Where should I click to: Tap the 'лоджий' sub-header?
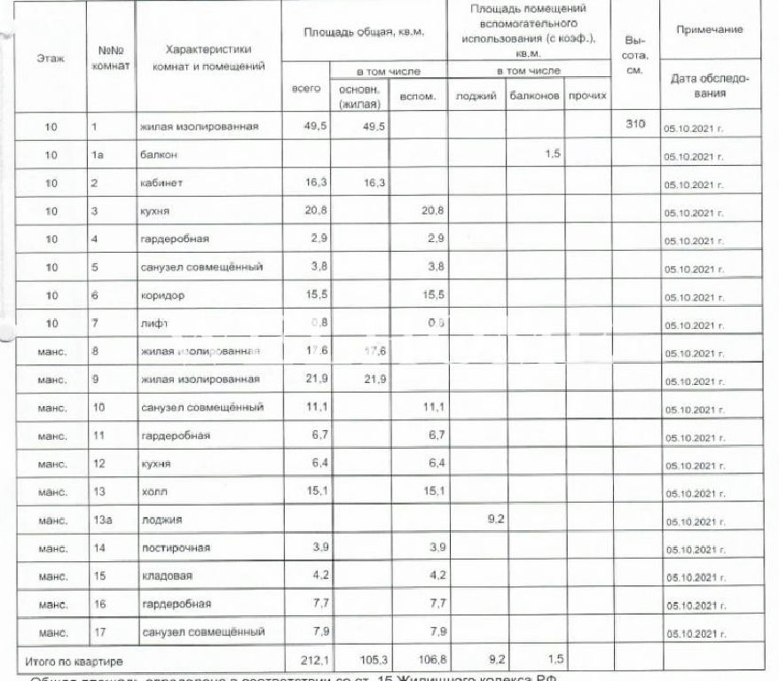point(476,96)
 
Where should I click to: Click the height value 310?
point(634,125)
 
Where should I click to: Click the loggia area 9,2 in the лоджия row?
point(497,519)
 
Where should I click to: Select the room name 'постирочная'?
point(175,548)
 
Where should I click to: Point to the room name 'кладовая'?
point(166,576)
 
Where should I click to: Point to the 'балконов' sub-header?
point(535,96)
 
